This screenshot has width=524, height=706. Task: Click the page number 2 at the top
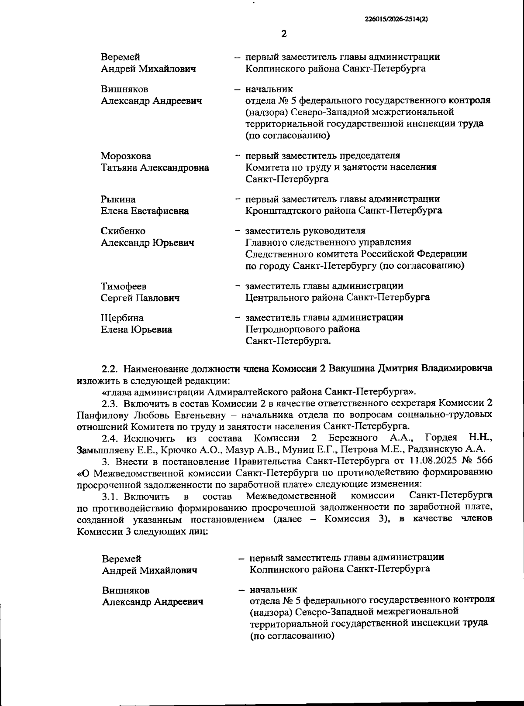[284, 34]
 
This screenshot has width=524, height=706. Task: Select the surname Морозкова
[126, 156]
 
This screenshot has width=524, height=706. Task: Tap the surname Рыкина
[118, 199]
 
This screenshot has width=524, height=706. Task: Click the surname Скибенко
[123, 231]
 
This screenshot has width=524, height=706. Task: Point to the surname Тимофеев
[124, 286]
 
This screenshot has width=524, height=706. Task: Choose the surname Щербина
[122, 318]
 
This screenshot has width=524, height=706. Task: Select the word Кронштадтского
[278, 210]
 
